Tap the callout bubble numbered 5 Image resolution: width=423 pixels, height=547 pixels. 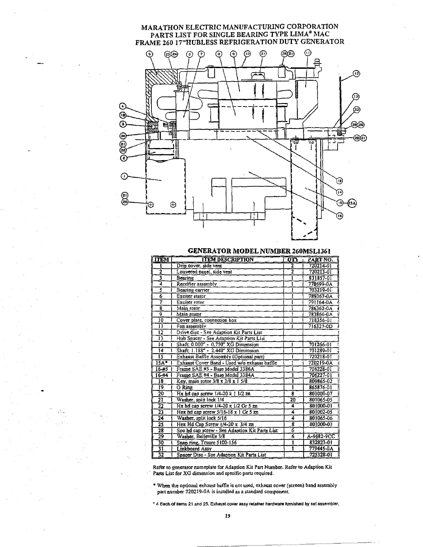149,54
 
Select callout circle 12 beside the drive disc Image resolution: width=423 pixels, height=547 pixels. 356,73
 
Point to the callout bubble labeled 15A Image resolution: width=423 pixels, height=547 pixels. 351,203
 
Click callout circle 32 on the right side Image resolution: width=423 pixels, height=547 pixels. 357,110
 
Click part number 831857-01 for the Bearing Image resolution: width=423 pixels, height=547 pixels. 320,278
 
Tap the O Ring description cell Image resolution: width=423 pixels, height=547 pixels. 185,388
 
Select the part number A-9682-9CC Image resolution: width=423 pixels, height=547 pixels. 321,436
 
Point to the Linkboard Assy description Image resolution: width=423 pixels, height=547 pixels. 189,449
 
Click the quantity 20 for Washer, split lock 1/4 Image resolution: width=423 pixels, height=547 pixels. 293,400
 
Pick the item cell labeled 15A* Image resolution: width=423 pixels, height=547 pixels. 162,363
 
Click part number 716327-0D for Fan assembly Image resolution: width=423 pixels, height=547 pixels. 320,326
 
